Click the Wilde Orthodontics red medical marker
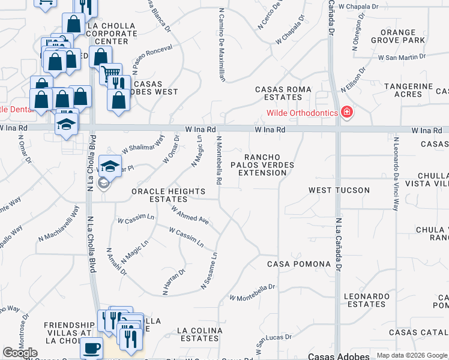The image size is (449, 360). click(346, 112)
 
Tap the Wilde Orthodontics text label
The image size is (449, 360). click(303, 113)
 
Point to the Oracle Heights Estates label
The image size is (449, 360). click(168, 195)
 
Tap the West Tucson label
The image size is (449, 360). click(339, 190)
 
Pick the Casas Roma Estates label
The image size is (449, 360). click(283, 93)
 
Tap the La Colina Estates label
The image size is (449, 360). click(200, 334)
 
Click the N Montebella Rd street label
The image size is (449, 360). click(220, 160)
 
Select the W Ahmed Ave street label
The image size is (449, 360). click(190, 216)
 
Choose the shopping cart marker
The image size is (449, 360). click(110, 74)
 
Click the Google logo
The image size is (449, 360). click(20, 353)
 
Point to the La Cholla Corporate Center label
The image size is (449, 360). click(112, 34)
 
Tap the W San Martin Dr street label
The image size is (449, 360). click(402, 57)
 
